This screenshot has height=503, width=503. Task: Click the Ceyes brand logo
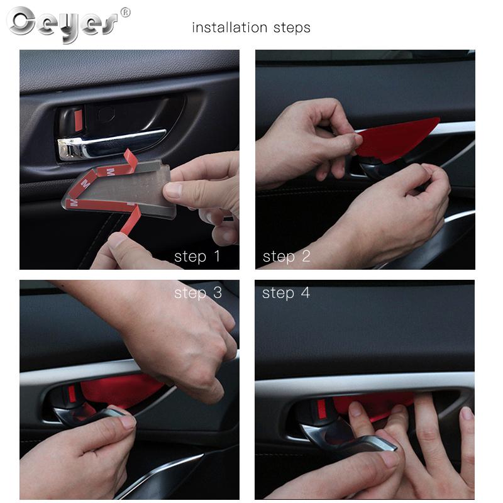(x=62, y=24)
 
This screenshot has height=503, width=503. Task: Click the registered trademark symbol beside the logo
(x=125, y=13)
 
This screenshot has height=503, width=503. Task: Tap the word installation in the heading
(x=229, y=27)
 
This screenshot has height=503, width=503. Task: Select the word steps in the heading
(x=292, y=28)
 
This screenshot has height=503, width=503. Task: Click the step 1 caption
(x=197, y=257)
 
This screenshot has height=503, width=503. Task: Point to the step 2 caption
(x=287, y=257)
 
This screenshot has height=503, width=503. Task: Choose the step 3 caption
(x=198, y=293)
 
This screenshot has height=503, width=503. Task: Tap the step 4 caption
(x=286, y=293)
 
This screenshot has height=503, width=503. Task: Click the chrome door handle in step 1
(x=109, y=145)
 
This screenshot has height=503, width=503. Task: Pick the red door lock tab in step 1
(x=78, y=120)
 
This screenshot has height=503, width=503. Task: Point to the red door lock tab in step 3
(x=71, y=395)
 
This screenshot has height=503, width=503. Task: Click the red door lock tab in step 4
(x=321, y=409)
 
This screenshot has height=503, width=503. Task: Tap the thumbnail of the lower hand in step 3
(x=128, y=422)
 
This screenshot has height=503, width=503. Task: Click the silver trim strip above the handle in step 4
(x=365, y=382)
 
